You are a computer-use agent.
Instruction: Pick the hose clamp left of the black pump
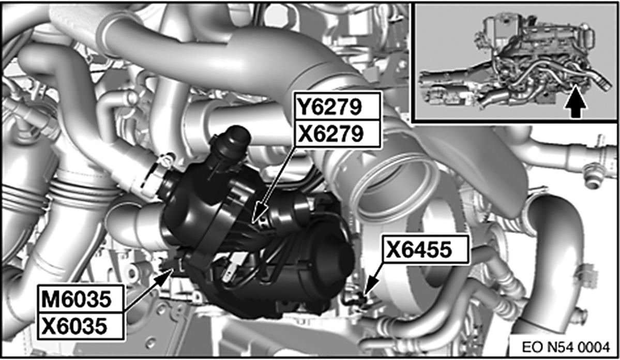click(153, 176)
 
